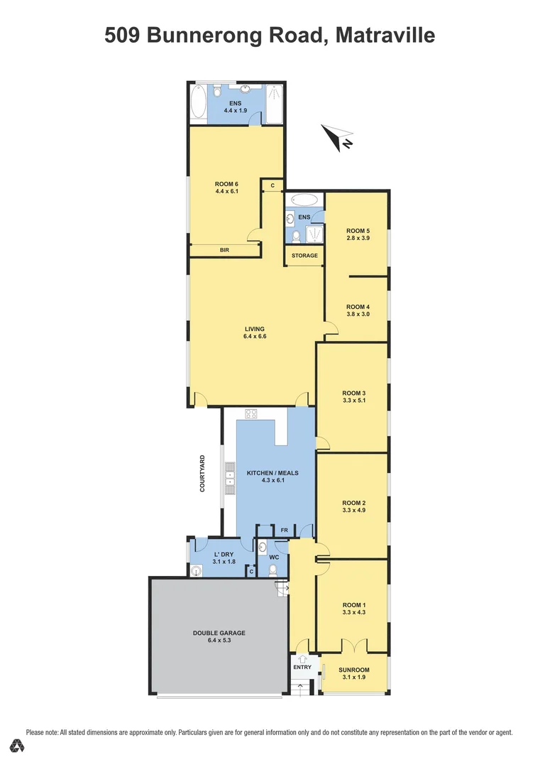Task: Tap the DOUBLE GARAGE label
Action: coord(219,632)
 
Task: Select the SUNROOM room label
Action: coord(353,669)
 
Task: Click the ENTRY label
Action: coord(302,667)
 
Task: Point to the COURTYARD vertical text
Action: coord(202,474)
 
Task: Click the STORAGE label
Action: coord(304,256)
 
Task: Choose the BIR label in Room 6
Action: coord(224,250)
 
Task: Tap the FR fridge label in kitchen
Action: coord(284,530)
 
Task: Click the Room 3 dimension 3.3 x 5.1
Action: coord(353,401)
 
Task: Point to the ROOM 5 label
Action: coord(358,230)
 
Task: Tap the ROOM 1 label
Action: coord(353,604)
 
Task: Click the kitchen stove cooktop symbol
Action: coord(250,413)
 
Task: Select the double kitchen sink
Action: coord(230,477)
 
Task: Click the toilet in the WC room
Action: coord(272,569)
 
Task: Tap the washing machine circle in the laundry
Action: coord(197,569)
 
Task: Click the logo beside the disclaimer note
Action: coord(17,745)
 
